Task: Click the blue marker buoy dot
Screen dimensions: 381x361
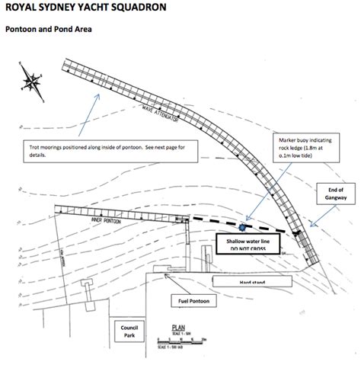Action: [x=243, y=226]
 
